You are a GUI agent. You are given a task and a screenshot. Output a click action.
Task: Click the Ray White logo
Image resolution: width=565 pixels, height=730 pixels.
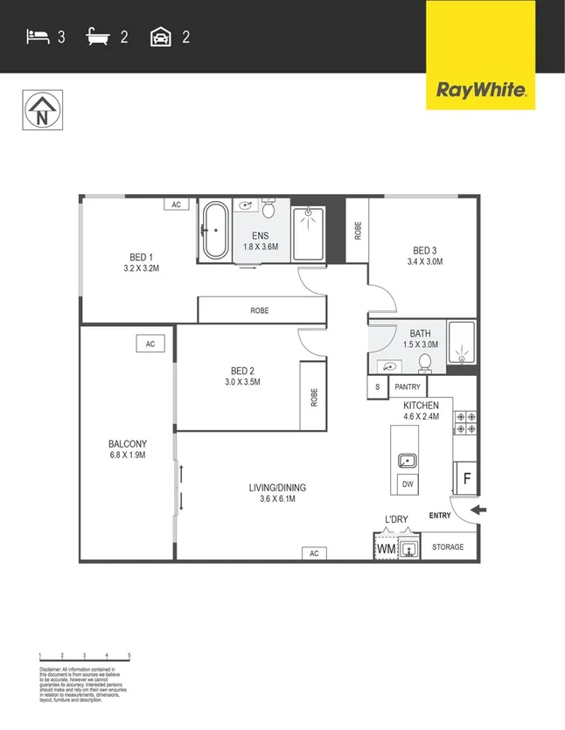pyautogui.click(x=480, y=88)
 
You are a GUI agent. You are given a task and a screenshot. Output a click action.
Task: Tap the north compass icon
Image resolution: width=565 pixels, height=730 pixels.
pyautogui.click(x=41, y=111)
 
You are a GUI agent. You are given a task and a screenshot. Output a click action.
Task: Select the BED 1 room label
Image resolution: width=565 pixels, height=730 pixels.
pyautogui.click(x=142, y=257)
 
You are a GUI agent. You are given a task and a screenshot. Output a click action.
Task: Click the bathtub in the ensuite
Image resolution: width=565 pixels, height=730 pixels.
pyautogui.click(x=214, y=231)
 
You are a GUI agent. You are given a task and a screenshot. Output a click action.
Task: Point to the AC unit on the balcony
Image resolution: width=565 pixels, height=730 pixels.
pyautogui.click(x=150, y=344)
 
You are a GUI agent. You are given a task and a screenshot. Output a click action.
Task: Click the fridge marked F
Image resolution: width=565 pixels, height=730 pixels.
pyautogui.click(x=466, y=479)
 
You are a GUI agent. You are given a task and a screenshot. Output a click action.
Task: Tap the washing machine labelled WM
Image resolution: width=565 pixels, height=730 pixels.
pyautogui.click(x=386, y=548)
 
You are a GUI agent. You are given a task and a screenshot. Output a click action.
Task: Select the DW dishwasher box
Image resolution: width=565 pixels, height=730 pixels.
pyautogui.click(x=407, y=484)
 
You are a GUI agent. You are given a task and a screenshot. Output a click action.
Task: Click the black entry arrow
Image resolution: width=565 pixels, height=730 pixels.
pyautogui.click(x=477, y=510)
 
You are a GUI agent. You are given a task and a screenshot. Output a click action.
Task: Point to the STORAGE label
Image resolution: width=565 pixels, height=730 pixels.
pyautogui.click(x=448, y=547)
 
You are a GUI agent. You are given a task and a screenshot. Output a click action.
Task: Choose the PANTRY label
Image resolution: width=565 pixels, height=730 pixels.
pyautogui.click(x=408, y=386)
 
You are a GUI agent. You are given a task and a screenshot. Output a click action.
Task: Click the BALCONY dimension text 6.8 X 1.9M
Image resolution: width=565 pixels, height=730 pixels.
pyautogui.click(x=127, y=455)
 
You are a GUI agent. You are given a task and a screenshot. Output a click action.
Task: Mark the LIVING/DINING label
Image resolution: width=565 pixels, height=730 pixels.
pyautogui.click(x=277, y=488)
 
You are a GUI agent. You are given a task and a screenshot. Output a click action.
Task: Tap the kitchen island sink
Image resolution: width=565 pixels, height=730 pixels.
pyautogui.click(x=407, y=460)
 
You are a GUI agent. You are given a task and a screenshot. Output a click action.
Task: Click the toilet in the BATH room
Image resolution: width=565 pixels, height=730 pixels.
pyautogui.click(x=426, y=362)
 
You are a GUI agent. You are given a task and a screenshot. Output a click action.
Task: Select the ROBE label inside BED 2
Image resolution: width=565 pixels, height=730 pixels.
pyautogui.click(x=313, y=396)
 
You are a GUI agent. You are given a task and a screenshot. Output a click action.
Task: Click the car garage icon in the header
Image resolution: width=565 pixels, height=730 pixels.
pyautogui.click(x=160, y=37)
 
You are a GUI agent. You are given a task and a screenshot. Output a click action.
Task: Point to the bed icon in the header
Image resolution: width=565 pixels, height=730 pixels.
pyautogui.click(x=37, y=37)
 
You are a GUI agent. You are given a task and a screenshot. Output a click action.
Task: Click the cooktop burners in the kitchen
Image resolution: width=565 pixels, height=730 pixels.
pyautogui.click(x=464, y=423)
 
